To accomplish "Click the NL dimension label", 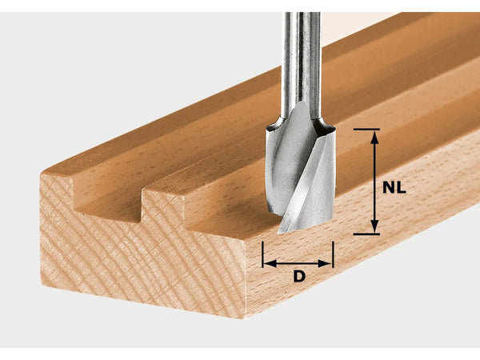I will [x=394, y=189].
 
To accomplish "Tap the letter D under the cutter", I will [x=298, y=277].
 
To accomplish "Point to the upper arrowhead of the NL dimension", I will [x=374, y=135].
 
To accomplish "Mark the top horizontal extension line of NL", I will [x=366, y=129].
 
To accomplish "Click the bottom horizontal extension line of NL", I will [x=366, y=234].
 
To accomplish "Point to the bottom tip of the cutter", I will [x=282, y=231].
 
